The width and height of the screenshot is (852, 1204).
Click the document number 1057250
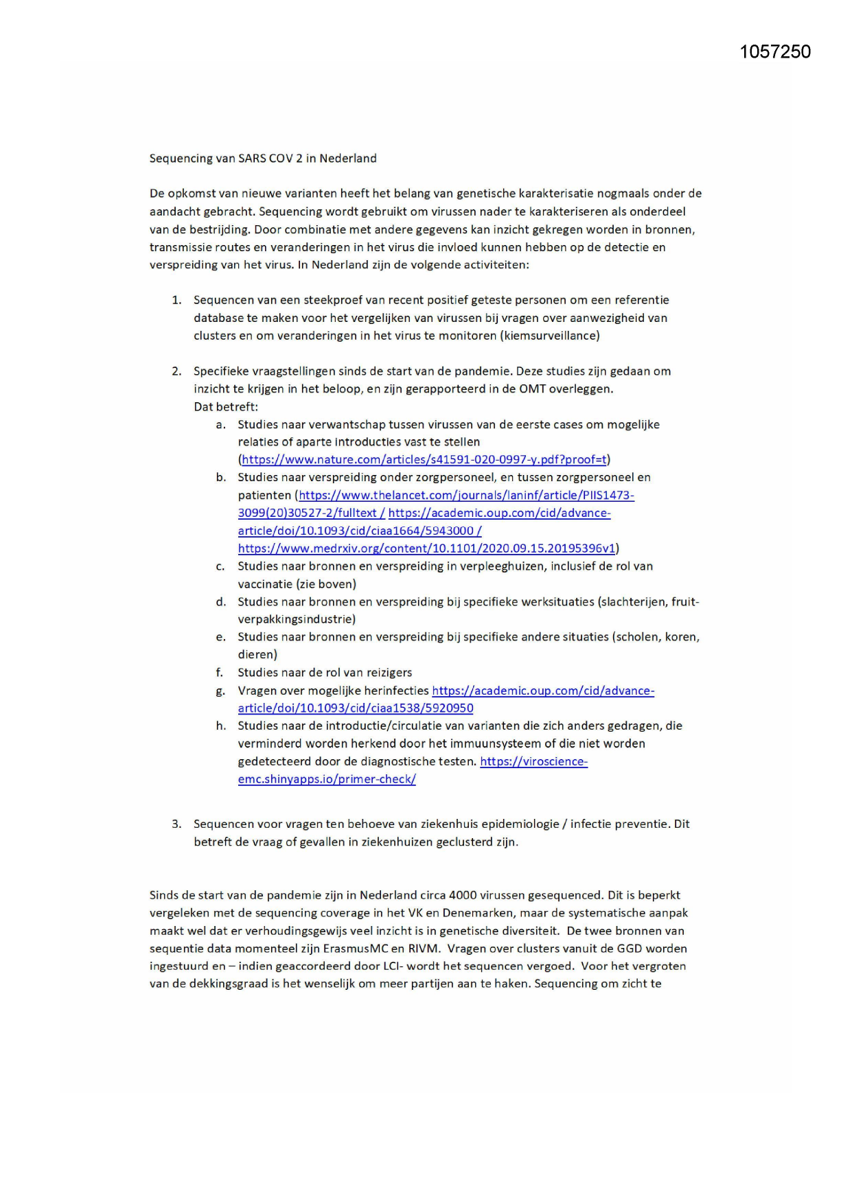(x=775, y=52)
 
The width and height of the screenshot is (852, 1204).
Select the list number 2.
(x=176, y=371)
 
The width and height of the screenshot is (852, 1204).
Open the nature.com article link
(x=424, y=460)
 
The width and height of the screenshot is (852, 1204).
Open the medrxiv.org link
(x=426, y=548)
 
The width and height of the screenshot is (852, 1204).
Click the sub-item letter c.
(x=220, y=566)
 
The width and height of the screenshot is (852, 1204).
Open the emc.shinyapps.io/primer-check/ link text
(x=327, y=779)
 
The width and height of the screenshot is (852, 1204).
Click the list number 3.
(x=176, y=824)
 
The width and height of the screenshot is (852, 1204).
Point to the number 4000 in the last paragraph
(x=463, y=895)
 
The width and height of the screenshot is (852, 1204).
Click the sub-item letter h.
(x=220, y=726)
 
